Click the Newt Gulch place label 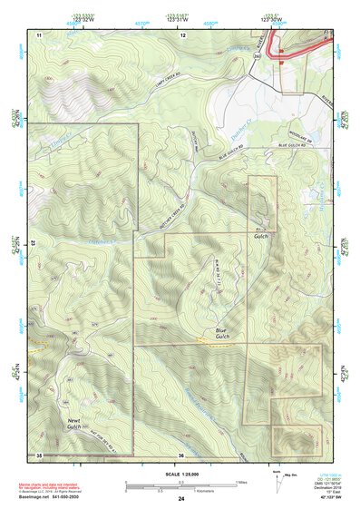click(81, 425)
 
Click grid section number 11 click(40, 34)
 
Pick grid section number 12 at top click(182, 34)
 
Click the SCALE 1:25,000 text click(181, 474)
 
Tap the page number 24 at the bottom click(181, 499)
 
